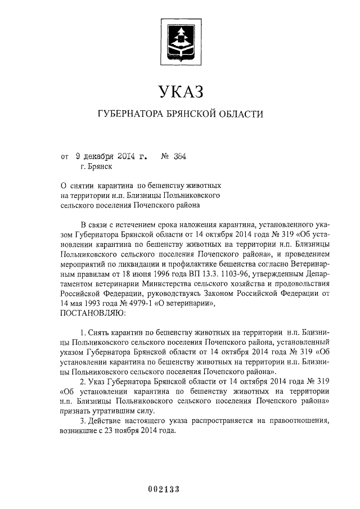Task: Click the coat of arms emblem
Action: click(x=180, y=37)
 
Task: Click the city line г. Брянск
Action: click(x=96, y=166)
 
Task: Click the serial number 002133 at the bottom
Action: click(x=164, y=489)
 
